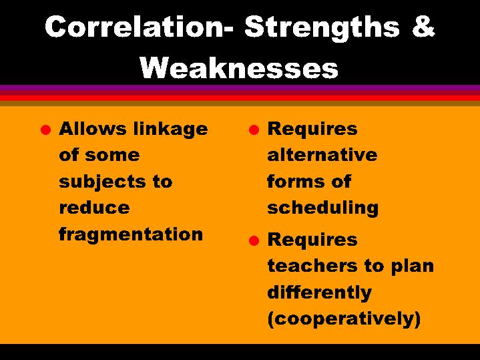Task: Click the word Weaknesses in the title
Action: point(240,67)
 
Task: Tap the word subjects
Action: point(96,182)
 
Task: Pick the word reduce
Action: point(85,208)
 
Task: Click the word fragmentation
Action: point(131,234)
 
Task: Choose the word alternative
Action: point(322,155)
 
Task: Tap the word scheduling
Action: point(322,208)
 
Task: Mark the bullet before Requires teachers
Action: point(252,240)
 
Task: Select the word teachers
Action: point(305,266)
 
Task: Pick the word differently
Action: point(319,293)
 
